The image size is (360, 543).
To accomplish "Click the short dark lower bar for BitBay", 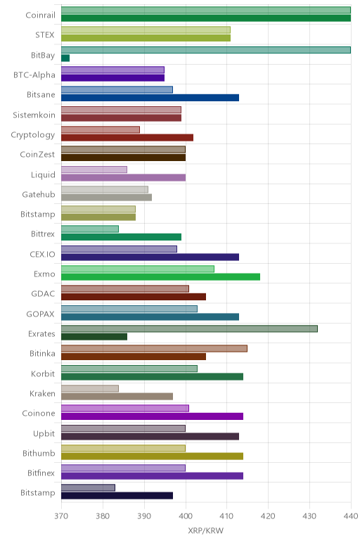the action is [65, 58].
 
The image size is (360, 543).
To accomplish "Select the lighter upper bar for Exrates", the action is [189, 328].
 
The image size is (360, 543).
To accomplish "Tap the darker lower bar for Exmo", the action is [160, 276].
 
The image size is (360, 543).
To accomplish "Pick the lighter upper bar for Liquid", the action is [94, 170].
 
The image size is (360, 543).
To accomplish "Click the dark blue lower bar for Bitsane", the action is [150, 98].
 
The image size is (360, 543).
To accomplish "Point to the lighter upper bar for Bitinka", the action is [155, 348].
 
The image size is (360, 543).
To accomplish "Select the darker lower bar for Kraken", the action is [117, 396].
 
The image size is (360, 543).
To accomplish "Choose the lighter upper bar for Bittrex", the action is [90, 229].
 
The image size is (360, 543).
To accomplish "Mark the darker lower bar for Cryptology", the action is [127, 137].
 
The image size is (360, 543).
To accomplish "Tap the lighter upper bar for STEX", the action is [146, 30].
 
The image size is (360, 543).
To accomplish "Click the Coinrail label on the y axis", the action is [40, 15].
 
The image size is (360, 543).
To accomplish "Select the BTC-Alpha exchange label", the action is [34, 75].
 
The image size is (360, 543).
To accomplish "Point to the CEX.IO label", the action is [42, 254].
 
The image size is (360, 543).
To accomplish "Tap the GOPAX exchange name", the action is [41, 314].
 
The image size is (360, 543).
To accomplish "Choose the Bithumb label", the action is [39, 453].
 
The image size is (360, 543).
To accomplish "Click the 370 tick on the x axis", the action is [61, 516].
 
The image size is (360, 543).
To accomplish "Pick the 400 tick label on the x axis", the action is [186, 516].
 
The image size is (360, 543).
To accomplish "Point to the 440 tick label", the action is [351, 516].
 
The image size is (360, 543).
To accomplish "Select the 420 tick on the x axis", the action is [269, 516].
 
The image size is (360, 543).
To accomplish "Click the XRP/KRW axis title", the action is [205, 530].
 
